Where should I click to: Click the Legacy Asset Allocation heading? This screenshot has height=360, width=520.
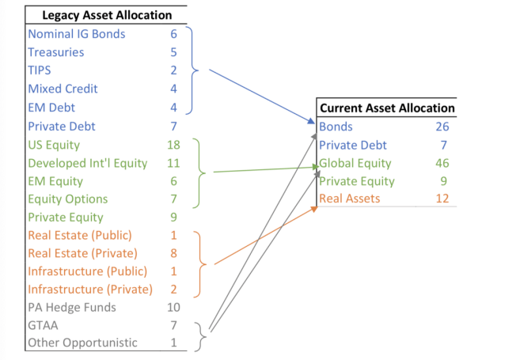(x=107, y=15)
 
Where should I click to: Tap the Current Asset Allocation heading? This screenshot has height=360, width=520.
(x=387, y=108)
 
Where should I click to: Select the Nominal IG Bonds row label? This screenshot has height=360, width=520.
(x=77, y=34)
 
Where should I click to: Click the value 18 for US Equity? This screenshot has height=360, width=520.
(x=173, y=145)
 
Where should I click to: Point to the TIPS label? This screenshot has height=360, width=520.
(x=40, y=70)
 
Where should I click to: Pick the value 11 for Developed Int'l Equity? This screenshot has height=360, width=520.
(x=173, y=163)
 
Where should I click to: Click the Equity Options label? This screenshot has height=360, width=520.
(x=68, y=199)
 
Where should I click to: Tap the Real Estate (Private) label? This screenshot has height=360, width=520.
(x=82, y=253)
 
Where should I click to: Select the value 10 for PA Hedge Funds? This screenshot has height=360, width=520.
(x=173, y=307)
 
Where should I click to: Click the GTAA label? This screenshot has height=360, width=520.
(x=43, y=325)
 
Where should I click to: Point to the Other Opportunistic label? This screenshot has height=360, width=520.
(x=82, y=343)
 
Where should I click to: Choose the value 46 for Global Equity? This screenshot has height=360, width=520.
(x=442, y=163)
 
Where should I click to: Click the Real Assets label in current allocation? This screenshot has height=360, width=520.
(x=350, y=199)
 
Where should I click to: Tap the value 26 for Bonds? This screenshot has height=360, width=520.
(x=442, y=127)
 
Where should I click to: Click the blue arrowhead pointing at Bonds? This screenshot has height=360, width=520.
(x=311, y=121)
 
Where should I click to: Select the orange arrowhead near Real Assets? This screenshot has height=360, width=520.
(x=313, y=209)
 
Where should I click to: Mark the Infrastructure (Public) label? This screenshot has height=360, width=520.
(x=88, y=271)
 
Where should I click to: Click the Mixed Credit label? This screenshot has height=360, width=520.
(x=63, y=89)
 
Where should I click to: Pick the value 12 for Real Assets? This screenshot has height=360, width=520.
(x=442, y=199)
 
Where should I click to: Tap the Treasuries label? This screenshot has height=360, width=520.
(x=56, y=52)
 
